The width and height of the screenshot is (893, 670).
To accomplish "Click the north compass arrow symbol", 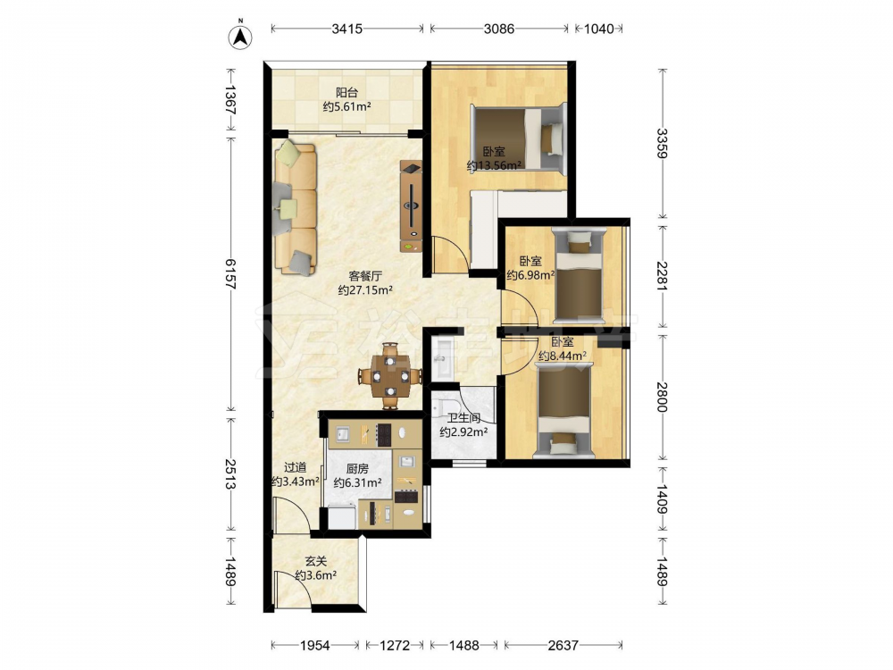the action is point(240,37).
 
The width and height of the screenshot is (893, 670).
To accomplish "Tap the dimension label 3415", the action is point(346,29).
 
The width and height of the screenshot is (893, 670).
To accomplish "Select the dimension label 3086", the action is point(499,29).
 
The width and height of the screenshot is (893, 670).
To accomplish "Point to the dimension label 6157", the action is point(230,273).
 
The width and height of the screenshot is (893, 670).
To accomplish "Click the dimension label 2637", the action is point(563,645).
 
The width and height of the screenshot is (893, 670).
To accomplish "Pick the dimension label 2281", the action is point(663,276).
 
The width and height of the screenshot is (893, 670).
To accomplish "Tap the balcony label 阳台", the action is point(346,92).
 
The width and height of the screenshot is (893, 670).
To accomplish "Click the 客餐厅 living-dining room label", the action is point(365,276).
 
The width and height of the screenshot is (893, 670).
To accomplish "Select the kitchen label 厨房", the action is point(357,469).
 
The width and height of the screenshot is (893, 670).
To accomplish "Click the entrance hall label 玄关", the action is point(315,562).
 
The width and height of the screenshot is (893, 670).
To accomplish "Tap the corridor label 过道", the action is point(295,468).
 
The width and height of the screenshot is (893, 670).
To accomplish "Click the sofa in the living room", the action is point(295,208).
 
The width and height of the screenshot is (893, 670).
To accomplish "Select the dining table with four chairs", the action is point(390,376).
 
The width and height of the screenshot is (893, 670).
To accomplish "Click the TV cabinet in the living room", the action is point(411,206).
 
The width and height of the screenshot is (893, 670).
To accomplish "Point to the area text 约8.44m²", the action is point(563,356).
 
